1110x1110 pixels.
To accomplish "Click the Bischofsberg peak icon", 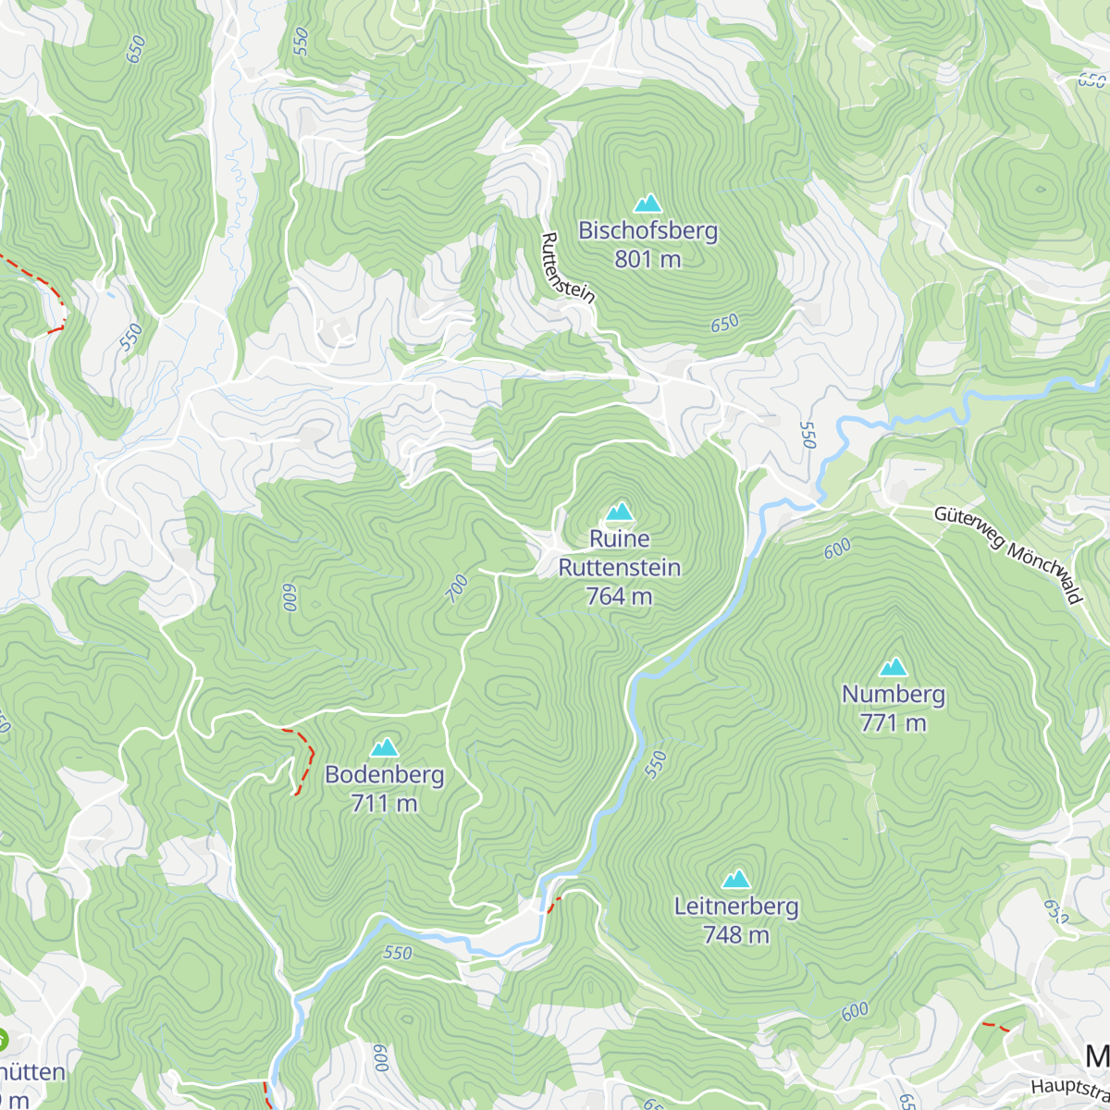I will tap(647, 203).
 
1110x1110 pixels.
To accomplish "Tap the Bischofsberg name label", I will tap(647, 230).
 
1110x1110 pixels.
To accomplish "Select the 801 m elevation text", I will tap(647, 259).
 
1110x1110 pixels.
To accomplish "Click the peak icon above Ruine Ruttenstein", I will tap(619, 511).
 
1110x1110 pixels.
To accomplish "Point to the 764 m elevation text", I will tap(619, 597).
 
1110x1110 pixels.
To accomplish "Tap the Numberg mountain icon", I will tap(893, 667).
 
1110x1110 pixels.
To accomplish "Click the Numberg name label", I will tap(893, 694).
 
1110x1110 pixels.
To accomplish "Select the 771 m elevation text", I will tap(893, 722).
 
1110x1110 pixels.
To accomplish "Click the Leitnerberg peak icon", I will tap(736, 879).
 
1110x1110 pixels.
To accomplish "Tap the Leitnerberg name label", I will tap(736, 906).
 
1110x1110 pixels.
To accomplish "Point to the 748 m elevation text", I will tap(736, 935).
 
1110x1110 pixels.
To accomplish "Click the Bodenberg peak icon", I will tap(384, 746).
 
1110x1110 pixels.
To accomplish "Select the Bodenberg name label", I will tap(384, 774).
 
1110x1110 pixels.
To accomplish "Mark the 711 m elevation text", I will tap(384, 803).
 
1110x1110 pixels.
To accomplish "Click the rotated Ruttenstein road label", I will tap(566, 267).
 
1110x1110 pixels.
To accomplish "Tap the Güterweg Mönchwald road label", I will tap(1007, 554).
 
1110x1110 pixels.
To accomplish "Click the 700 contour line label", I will tap(457, 589).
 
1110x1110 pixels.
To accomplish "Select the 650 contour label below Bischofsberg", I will tap(724, 323).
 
